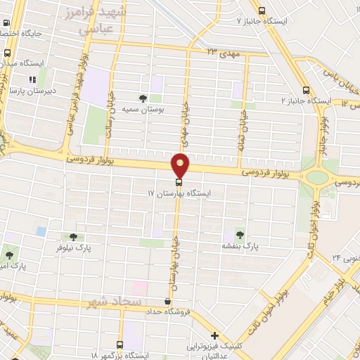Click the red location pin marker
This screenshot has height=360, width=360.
point(180,166)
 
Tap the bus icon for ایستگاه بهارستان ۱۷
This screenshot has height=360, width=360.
point(176,182)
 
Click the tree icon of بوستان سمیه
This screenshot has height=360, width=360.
point(143,98)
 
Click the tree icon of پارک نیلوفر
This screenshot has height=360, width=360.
point(73,237)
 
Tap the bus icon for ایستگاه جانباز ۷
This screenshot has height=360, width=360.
point(262,11)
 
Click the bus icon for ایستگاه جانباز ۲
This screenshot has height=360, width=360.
point(305,90)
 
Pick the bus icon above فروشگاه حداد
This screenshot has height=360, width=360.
point(167,302)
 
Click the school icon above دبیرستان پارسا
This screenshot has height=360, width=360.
point(32,79)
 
